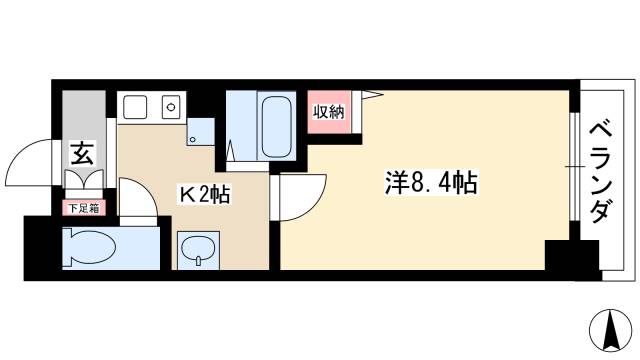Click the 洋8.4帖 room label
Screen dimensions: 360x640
click(x=431, y=182)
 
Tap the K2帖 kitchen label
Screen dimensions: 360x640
click(x=204, y=193)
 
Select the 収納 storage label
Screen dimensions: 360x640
click(x=329, y=111)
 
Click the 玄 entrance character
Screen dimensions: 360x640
click(x=81, y=155)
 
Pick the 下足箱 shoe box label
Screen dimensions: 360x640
click(x=82, y=209)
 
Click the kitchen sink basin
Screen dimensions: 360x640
click(x=134, y=106)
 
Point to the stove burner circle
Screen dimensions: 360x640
click(x=170, y=104)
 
